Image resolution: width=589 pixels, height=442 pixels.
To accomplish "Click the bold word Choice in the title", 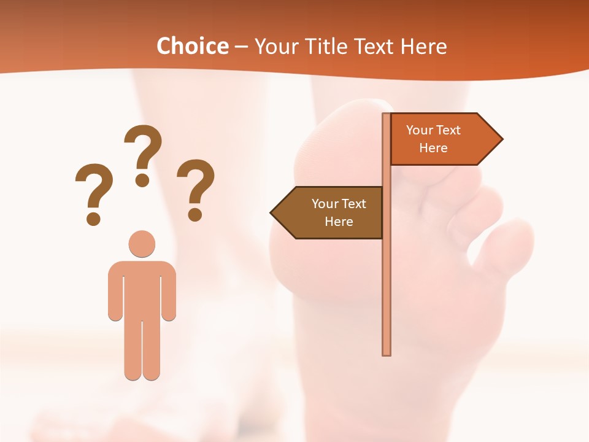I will click(x=192, y=47).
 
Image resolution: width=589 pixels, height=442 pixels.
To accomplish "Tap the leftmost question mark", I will click(x=94, y=190).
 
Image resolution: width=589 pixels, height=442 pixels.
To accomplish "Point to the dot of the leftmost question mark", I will click(x=93, y=219).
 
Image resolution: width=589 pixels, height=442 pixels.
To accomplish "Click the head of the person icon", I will click(x=142, y=244).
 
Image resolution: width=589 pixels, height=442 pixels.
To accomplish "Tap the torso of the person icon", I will click(x=142, y=289).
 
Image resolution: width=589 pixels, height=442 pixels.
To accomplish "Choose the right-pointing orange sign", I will click(x=439, y=139).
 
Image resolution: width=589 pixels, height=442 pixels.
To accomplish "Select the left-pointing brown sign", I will click(x=331, y=212).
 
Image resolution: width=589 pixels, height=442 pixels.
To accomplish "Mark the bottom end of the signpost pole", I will click(x=387, y=352).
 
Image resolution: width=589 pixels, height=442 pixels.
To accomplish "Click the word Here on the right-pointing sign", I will click(x=433, y=148).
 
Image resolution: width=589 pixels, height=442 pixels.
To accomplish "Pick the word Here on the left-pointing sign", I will click(x=339, y=222).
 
